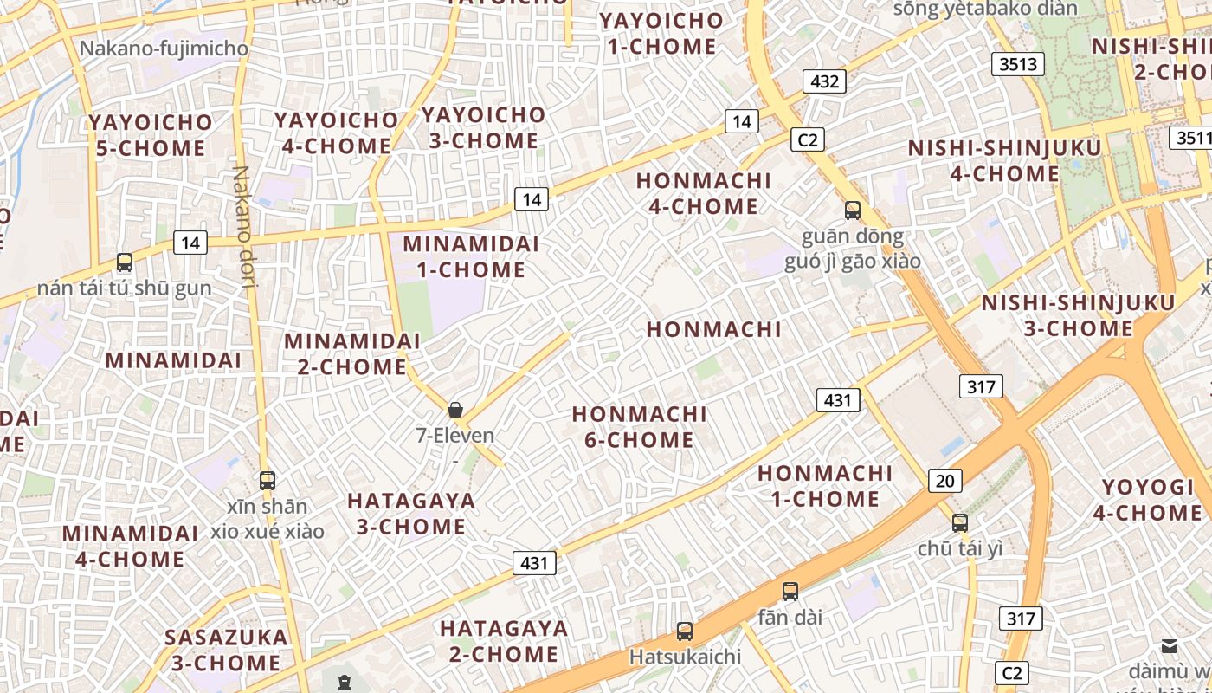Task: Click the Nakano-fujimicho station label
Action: (x=164, y=49)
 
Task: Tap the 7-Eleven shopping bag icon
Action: (x=455, y=410)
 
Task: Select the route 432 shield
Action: (x=825, y=81)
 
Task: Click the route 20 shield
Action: (x=945, y=481)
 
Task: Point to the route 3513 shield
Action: (x=1018, y=64)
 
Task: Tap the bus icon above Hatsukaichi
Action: (x=685, y=631)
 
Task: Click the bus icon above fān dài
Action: (x=790, y=592)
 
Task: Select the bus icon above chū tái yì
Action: (x=960, y=522)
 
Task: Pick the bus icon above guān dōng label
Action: (x=853, y=210)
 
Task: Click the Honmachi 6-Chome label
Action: (x=640, y=427)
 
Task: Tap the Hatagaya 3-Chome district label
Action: (x=411, y=514)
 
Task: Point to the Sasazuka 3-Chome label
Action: (x=226, y=651)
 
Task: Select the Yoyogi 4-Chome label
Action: (x=1147, y=500)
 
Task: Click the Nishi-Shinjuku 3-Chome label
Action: (x=1078, y=315)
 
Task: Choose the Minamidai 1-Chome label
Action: (x=471, y=256)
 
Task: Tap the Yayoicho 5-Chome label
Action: (x=150, y=135)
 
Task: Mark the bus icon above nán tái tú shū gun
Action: (x=125, y=262)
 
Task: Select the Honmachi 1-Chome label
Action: (x=825, y=486)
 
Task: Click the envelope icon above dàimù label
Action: (x=1170, y=645)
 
